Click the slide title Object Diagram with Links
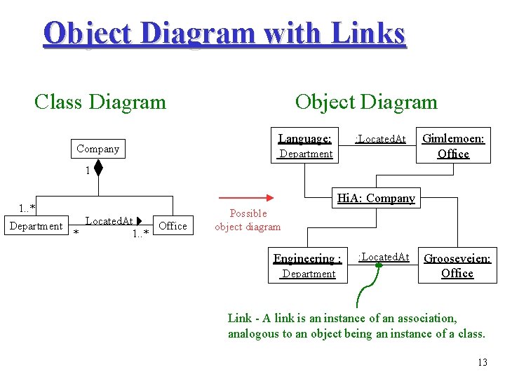[224, 33]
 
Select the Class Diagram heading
[100, 102]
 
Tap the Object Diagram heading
[365, 102]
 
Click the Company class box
[97, 148]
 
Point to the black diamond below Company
[98, 169]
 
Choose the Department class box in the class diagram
[36, 226]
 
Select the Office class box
[173, 226]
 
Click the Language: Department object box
[304, 146]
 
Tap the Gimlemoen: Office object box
[453, 145]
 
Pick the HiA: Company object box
[376, 198]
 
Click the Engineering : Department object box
[308, 265]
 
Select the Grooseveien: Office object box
[457, 265]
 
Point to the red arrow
[245, 198]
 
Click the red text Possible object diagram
[248, 220]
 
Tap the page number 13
[481, 362]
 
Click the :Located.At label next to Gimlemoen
[380, 139]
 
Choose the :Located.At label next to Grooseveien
[384, 257]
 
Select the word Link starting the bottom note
[239, 318]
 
